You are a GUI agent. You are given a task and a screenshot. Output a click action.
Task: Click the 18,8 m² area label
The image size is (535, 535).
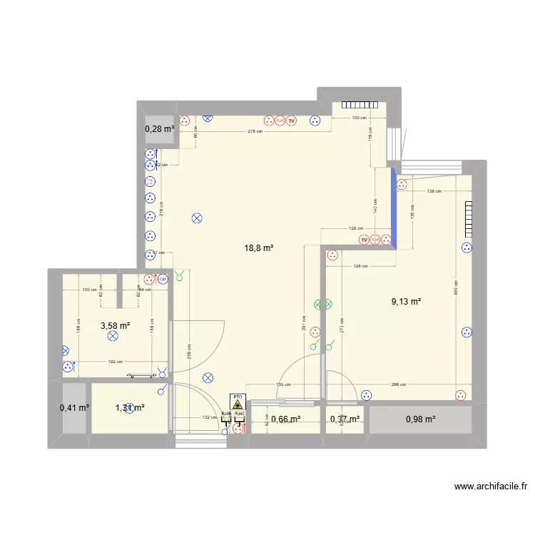click(260, 248)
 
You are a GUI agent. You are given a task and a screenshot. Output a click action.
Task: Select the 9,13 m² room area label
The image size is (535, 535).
click(406, 302)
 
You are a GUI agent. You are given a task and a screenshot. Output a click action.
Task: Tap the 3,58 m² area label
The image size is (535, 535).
click(115, 325)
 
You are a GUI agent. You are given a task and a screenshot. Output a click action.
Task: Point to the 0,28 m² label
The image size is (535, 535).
click(160, 129)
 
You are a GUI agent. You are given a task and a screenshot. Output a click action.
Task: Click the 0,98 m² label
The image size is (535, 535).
click(420, 419)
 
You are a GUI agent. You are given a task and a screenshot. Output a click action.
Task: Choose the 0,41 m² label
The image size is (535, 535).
click(74, 408)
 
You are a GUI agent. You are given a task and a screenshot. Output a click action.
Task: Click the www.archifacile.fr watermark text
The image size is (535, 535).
click(491, 487)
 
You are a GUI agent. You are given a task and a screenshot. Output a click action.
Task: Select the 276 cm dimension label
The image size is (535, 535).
click(255, 131)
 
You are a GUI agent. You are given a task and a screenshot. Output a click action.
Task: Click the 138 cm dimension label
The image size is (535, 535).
click(434, 192)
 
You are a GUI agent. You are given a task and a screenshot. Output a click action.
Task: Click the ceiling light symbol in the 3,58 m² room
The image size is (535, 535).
click(112, 336)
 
